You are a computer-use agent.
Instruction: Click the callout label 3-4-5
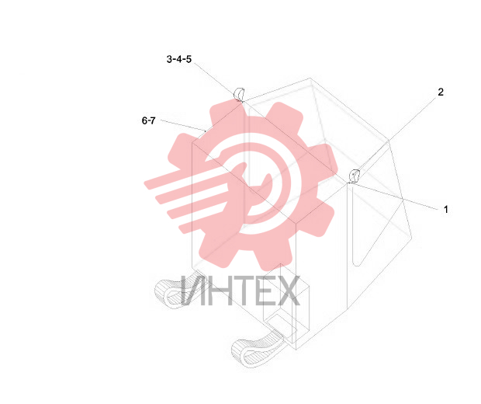179,59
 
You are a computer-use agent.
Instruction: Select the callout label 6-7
148,120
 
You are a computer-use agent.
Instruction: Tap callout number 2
441,92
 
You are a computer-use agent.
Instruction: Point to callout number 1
446,210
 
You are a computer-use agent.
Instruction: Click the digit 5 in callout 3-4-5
189,59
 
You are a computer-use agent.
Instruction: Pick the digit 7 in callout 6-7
153,120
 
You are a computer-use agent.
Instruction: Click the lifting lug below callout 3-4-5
239,94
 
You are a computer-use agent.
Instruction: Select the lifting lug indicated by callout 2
355,176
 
